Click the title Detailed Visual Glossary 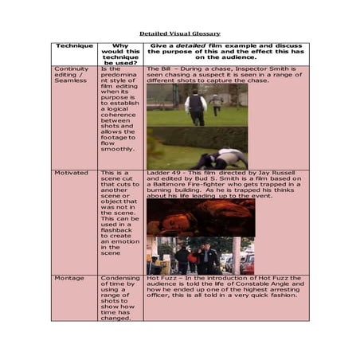tap(180, 33)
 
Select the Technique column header tap(74, 46)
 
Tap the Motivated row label tap(70, 173)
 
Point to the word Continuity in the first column tap(71, 69)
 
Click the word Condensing tap(120, 278)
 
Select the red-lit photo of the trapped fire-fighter tap(200, 216)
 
